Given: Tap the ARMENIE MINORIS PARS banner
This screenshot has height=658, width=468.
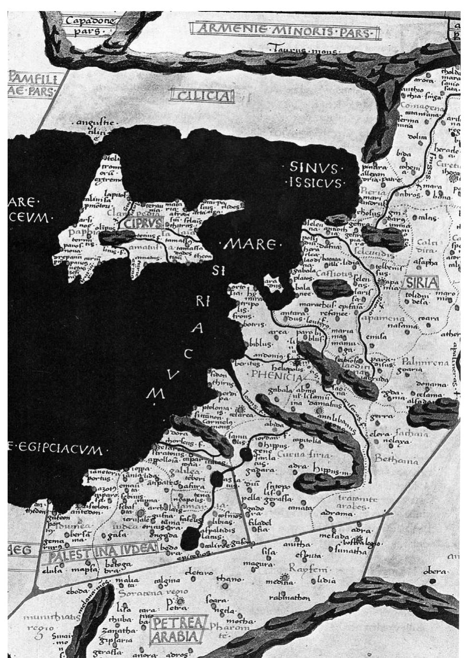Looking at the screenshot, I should point(284,32).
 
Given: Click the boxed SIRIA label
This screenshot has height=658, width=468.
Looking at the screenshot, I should point(422,283).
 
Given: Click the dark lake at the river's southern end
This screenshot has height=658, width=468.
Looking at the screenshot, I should point(190,537).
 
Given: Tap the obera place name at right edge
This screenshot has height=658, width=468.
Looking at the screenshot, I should point(436,572).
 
